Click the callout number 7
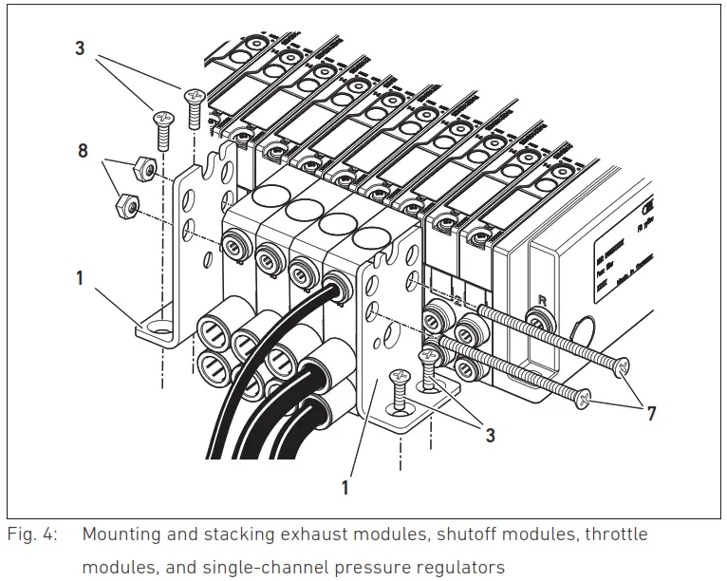[651, 413]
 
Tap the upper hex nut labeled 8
[142, 168]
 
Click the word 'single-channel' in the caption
[252, 567]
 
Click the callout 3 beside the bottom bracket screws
[491, 437]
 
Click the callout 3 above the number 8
[80, 47]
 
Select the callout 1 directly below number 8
[80, 278]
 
